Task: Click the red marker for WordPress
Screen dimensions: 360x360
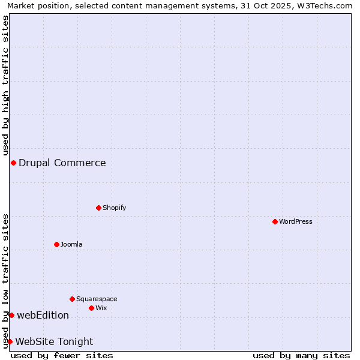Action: coord(275,221)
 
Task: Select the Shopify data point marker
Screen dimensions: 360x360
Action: coord(98,208)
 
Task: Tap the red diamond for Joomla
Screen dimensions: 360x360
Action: coord(56,244)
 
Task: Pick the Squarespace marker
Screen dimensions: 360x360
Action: coord(72,299)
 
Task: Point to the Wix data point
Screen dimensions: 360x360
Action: coord(91,308)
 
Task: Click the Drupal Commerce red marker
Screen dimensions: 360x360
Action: coord(13,163)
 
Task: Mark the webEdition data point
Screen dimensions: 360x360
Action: coord(11,315)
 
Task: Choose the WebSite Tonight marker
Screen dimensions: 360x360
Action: coord(10,341)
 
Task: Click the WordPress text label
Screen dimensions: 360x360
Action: coord(296,221)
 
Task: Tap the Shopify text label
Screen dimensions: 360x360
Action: coord(114,208)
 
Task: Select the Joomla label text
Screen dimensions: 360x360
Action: coord(71,244)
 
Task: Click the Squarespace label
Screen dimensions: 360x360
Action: coord(97,299)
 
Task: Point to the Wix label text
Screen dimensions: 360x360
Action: coord(101,308)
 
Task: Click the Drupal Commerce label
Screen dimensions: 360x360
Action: coord(62,163)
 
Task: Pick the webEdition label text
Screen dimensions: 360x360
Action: coord(43,315)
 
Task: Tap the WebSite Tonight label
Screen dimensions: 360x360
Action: coord(54,341)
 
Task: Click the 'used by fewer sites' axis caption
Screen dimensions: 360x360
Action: coord(62,355)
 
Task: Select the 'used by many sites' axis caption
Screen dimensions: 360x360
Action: coord(301,355)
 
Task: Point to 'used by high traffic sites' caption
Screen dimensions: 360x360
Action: coord(6,84)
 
